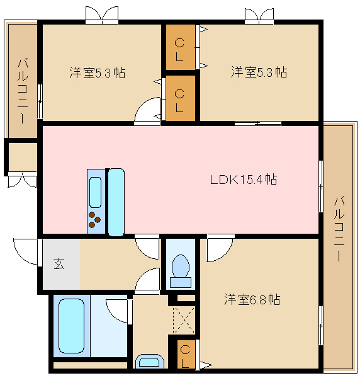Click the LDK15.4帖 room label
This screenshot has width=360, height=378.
244,180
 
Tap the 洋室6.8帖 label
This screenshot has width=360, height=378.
252,300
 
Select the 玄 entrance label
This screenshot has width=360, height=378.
59,264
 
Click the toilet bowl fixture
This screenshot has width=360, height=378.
181,271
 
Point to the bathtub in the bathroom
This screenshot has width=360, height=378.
72,326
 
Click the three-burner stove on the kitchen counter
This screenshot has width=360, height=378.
94,219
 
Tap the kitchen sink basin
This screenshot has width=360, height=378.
96,192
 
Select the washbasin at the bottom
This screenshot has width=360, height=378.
150,361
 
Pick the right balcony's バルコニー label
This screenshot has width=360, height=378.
339,229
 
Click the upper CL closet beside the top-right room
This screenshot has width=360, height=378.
181,47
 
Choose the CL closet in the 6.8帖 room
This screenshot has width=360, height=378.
186,354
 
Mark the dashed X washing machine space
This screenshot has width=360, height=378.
184,320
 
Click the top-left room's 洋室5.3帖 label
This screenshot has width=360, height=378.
98,72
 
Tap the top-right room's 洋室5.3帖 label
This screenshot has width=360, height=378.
259,72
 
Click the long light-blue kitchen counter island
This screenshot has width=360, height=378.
116,202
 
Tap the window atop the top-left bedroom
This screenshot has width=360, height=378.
102,15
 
